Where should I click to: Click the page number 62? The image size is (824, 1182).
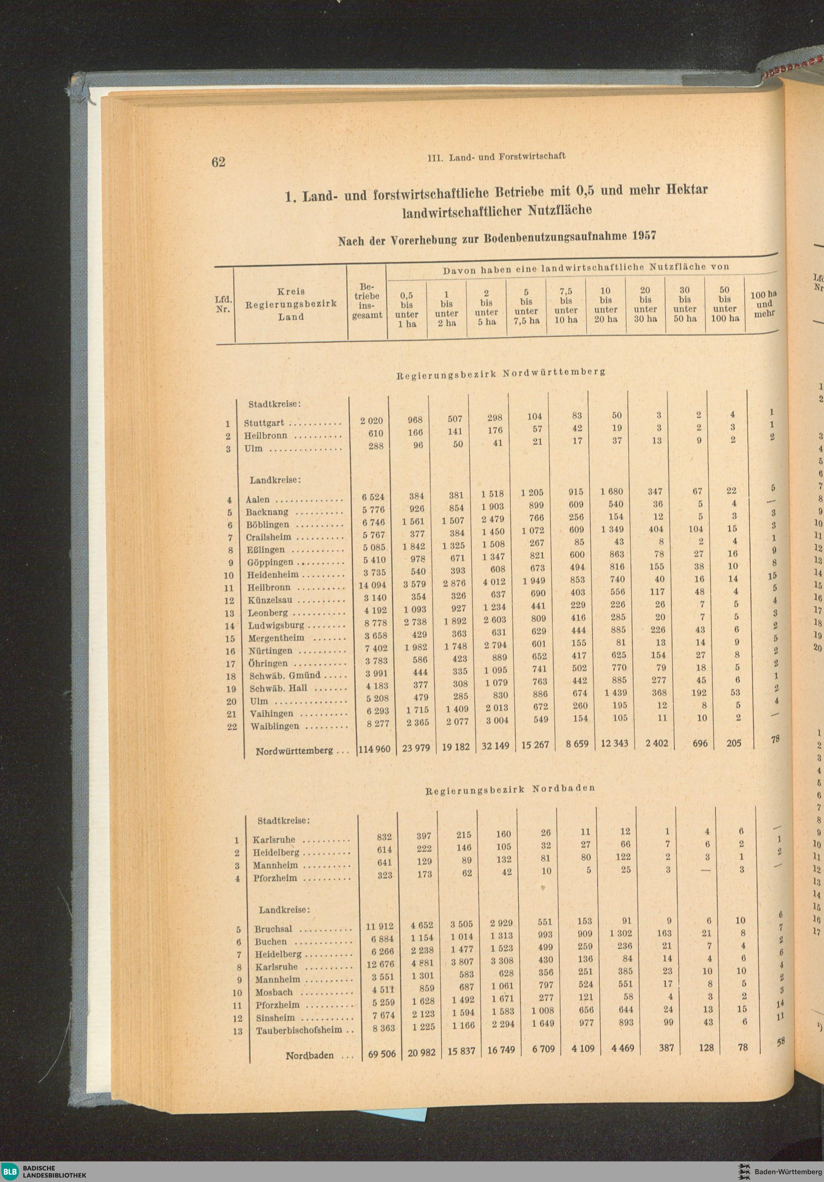click(218, 162)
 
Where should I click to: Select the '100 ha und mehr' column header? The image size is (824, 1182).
click(763, 304)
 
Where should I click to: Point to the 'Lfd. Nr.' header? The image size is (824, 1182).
click(223, 304)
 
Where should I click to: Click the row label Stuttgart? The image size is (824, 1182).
click(264, 423)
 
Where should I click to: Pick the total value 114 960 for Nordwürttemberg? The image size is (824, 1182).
click(374, 748)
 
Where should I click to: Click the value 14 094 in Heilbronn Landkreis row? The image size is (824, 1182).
click(372, 585)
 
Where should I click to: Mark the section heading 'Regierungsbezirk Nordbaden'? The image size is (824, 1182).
click(510, 789)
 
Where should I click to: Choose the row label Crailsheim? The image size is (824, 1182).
click(268, 537)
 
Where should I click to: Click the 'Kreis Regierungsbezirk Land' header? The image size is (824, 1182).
click(291, 304)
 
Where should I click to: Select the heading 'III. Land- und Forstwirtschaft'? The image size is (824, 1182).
click(496, 156)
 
